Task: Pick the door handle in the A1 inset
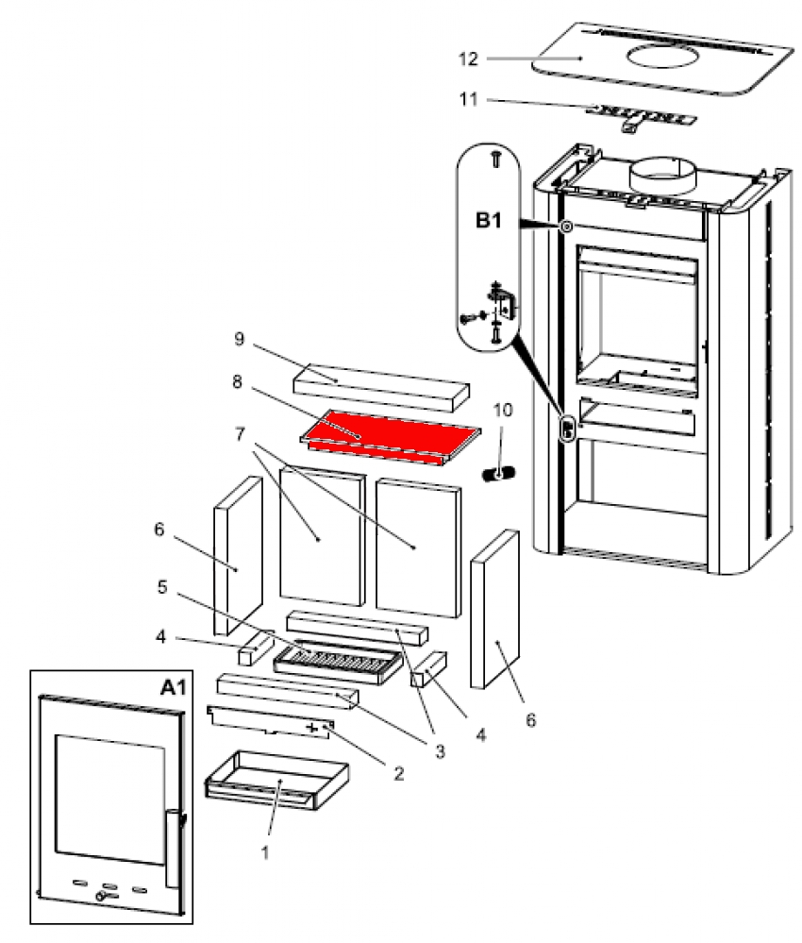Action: point(172,847)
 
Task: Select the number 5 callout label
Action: point(161,587)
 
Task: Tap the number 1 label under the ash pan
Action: point(265,851)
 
